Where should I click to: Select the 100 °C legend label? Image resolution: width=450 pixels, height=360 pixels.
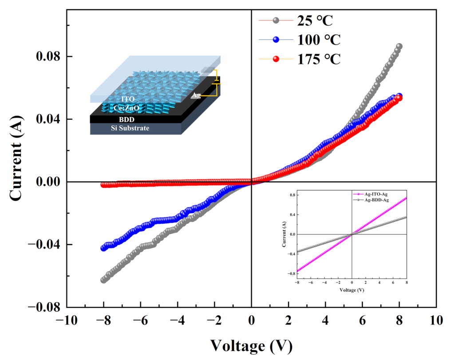point(319,40)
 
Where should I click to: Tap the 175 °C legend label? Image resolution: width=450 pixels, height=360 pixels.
point(319,59)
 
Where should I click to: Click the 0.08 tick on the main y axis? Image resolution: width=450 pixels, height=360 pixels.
point(49,57)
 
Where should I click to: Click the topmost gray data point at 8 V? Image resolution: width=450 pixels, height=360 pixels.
point(399,46)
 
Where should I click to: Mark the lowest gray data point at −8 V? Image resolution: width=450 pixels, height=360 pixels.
point(103,280)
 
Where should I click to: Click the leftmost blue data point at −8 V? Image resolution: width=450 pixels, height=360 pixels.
point(103,248)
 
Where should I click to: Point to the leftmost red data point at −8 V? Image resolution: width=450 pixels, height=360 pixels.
point(103,185)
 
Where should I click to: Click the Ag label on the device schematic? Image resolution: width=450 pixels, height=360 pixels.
point(196,95)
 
